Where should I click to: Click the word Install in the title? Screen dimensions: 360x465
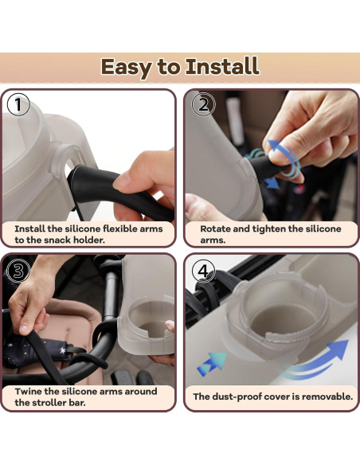tap(222, 66)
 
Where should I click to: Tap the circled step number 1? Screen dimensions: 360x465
tap(18, 104)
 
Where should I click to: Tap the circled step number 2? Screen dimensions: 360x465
tap(203, 104)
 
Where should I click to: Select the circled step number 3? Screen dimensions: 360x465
tap(18, 271)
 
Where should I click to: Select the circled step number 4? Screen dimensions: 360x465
tap(203, 271)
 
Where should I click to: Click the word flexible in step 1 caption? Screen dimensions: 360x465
tap(122, 229)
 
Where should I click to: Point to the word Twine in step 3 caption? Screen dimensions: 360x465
tap(28, 391)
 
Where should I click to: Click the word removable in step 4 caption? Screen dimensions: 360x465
tap(327, 397)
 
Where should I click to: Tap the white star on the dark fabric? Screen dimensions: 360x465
tap(63, 350)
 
